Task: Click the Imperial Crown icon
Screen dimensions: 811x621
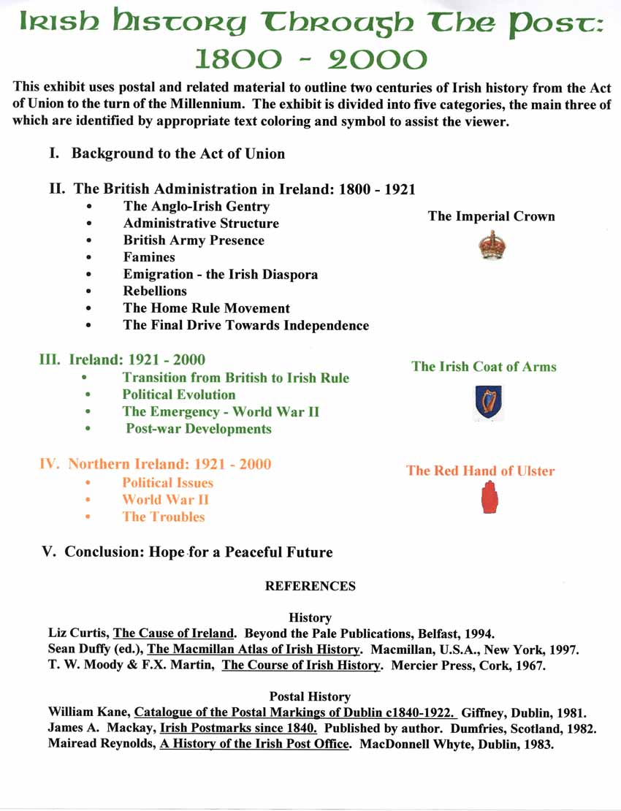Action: coord(492,248)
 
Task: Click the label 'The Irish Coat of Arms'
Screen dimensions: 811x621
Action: coord(484,366)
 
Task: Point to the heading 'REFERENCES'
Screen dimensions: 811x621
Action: coord(310,586)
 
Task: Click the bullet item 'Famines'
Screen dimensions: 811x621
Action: coord(149,257)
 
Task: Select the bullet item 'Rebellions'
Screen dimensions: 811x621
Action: coord(155,291)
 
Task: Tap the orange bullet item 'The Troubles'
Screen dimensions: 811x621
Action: coord(164,517)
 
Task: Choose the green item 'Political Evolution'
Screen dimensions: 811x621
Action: coord(179,395)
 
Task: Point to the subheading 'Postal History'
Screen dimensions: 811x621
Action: coord(310,696)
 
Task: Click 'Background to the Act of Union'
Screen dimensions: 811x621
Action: coord(178,153)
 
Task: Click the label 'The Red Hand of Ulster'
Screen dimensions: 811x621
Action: coord(480,471)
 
